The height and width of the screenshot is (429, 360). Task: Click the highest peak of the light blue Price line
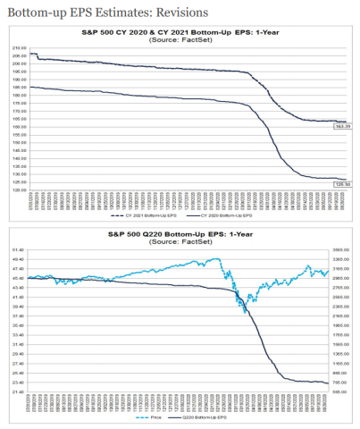tap(219, 259)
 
